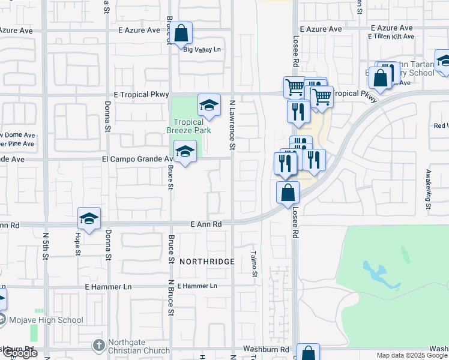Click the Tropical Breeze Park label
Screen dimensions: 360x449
188,126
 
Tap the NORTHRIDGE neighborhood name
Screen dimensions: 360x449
206,262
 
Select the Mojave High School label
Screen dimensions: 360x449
46,320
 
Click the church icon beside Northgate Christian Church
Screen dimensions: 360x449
100,346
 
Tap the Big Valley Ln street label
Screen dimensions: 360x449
202,50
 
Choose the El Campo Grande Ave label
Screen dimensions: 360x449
137,160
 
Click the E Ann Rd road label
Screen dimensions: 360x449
206,224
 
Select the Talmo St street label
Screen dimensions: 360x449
255,264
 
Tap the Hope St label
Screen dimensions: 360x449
77,244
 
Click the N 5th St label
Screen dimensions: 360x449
46,247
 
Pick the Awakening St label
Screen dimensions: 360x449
429,188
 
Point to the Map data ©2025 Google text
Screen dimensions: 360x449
412,355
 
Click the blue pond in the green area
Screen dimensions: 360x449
376,274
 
